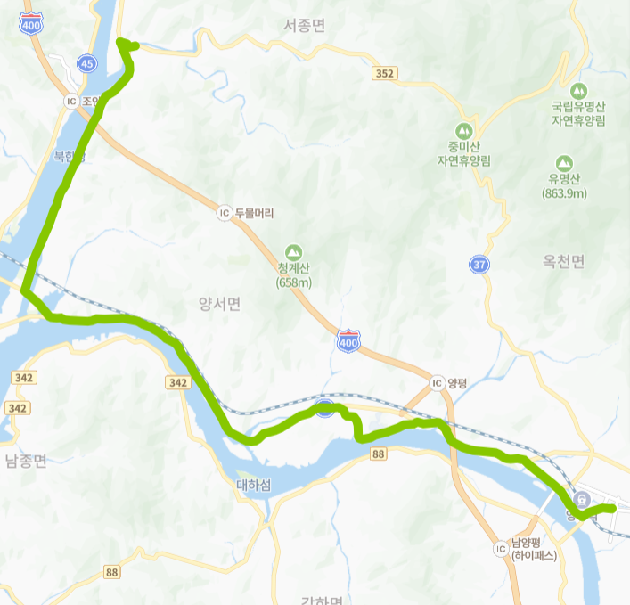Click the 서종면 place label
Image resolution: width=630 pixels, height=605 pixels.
click(304, 26)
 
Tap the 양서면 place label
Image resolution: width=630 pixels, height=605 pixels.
click(219, 305)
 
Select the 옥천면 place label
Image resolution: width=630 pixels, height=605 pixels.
click(563, 262)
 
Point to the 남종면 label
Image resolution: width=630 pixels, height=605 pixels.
click(26, 461)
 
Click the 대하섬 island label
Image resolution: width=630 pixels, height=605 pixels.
click(254, 486)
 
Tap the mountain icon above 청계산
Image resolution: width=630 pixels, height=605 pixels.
click(293, 252)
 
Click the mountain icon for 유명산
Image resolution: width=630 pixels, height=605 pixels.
click(563, 163)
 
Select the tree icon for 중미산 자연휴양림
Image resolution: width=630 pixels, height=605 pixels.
click(463, 130)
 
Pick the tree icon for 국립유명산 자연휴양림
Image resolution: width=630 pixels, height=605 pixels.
click(577, 90)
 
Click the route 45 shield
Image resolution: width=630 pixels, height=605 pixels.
click(86, 63)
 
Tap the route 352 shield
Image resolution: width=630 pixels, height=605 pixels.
click(385, 74)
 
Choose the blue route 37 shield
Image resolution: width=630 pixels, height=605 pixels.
click(480, 265)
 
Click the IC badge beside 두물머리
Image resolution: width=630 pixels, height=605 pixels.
click(224, 213)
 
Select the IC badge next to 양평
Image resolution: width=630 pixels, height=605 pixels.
click(437, 383)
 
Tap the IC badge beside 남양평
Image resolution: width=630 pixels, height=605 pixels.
click(499, 549)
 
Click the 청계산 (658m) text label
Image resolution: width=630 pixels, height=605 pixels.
click(293, 275)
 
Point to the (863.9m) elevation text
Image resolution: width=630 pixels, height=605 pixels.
click(563, 193)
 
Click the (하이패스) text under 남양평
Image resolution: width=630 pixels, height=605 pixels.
click(534, 555)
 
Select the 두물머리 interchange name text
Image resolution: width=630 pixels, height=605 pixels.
click(254, 213)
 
